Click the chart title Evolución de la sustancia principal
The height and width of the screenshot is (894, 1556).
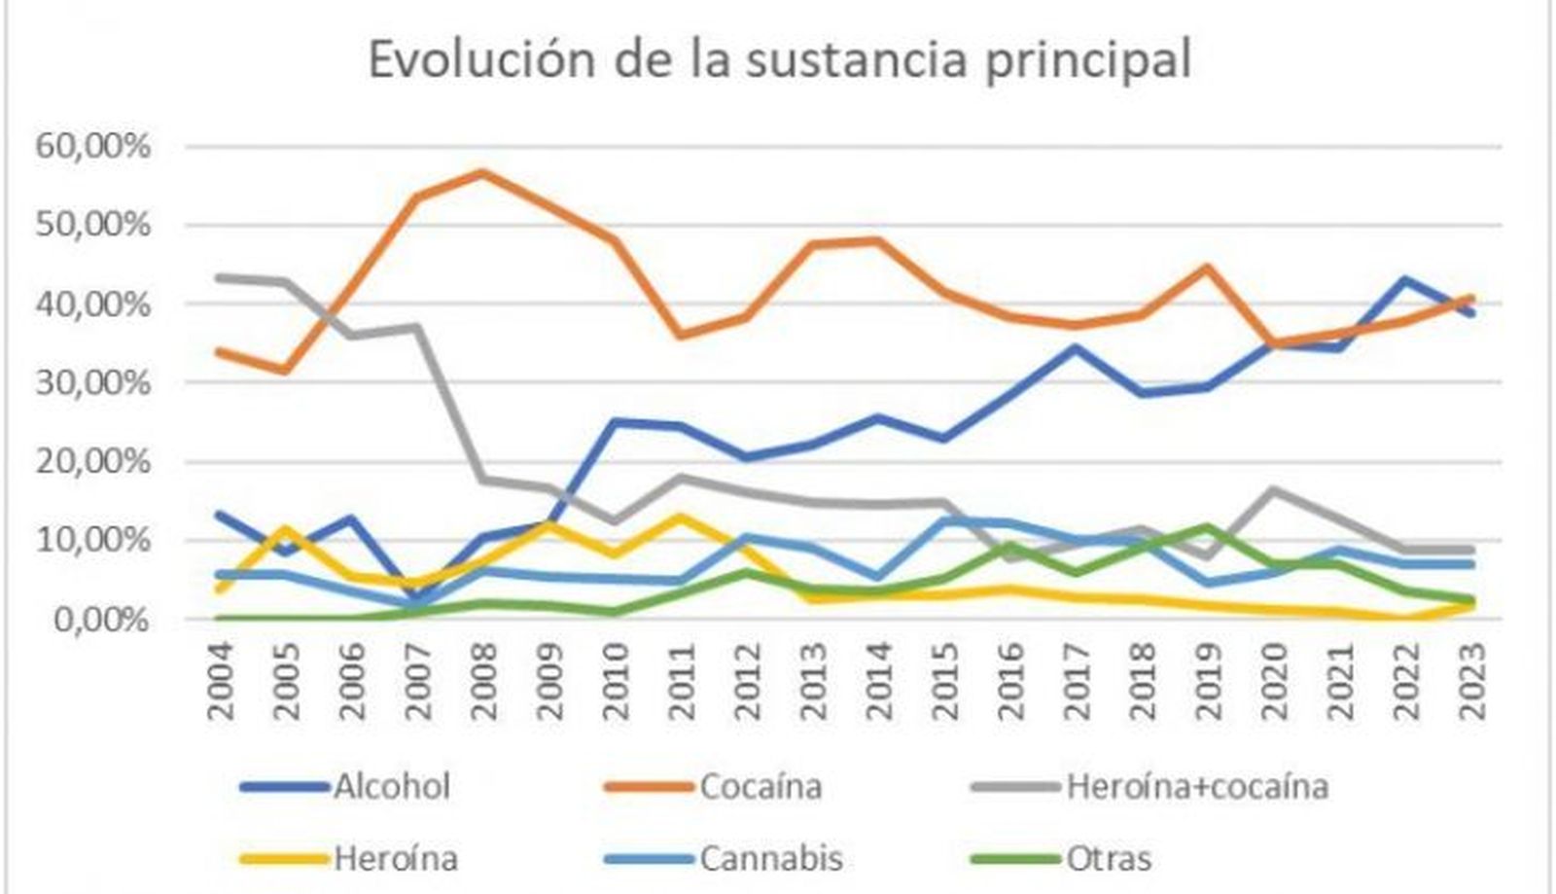779,60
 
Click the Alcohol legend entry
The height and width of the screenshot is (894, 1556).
392,786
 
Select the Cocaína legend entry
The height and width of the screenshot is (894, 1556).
760,786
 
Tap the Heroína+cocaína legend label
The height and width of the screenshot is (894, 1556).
1196,786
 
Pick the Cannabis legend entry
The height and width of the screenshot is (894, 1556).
770,859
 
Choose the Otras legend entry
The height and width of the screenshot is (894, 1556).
1109,859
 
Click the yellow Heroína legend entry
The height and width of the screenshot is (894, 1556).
395,859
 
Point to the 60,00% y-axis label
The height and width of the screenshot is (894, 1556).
93,147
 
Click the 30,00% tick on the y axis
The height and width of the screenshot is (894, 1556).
93,383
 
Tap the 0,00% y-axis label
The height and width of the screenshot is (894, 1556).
101,620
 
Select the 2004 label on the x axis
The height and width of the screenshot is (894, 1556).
222,680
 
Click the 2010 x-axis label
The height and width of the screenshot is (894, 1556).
617,680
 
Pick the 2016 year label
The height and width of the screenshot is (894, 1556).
1011,680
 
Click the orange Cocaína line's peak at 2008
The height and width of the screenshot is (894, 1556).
483,173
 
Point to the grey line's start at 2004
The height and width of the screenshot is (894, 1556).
222,277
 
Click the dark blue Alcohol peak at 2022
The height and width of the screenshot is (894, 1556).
1405,280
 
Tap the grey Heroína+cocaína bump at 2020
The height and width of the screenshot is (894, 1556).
1274,489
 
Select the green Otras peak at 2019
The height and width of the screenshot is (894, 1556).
1208,527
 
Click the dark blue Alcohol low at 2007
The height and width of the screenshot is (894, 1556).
418,598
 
